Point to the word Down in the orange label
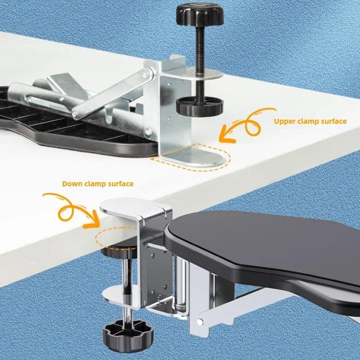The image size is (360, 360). click(72, 184)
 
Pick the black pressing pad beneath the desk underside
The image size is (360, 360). click(118, 250)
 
